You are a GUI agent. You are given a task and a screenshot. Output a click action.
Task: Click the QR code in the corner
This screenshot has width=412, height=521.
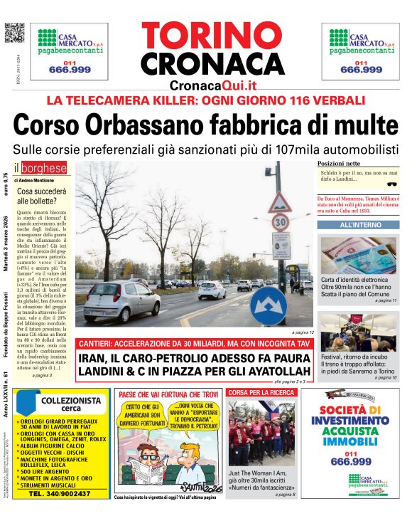point(14,33)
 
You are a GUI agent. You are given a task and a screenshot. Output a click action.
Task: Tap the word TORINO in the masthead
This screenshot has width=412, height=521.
point(212,36)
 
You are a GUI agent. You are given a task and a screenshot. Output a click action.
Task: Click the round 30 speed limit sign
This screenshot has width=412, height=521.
point(280,222)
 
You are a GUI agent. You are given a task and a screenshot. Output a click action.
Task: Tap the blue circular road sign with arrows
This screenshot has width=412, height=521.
point(269,305)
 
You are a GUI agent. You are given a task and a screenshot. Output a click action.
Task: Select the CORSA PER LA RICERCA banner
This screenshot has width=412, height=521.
point(259,392)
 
